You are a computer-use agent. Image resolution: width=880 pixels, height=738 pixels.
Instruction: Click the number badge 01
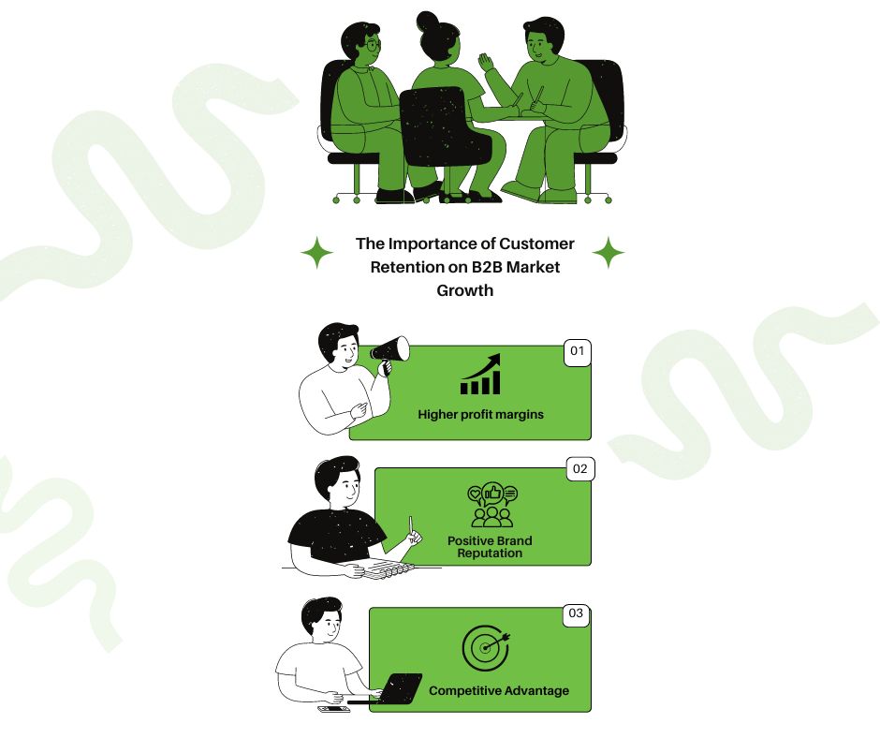tap(577, 352)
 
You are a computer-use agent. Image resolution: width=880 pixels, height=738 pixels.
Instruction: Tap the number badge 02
tap(580, 469)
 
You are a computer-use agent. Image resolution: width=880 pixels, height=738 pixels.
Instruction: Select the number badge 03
tap(577, 613)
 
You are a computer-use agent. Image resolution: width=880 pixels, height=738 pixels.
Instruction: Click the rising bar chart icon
tap(480, 374)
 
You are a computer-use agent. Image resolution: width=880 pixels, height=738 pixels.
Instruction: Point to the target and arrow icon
tap(486, 647)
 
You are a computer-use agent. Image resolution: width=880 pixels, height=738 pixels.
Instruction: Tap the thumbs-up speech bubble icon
tap(492, 506)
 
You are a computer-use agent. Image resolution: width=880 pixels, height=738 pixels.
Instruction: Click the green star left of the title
tap(317, 253)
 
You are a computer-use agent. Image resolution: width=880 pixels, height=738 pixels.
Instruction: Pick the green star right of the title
tap(609, 253)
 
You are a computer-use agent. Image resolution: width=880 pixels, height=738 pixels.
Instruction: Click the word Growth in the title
tap(464, 290)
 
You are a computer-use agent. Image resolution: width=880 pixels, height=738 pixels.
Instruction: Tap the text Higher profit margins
tap(480, 415)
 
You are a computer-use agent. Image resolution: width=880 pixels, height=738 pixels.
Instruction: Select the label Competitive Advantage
tap(499, 691)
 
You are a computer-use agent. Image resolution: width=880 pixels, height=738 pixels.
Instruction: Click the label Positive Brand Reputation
tap(490, 547)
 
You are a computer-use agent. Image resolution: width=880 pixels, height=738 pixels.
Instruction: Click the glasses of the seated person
tap(372, 44)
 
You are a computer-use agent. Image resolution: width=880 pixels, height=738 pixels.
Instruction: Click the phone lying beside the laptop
tap(334, 709)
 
